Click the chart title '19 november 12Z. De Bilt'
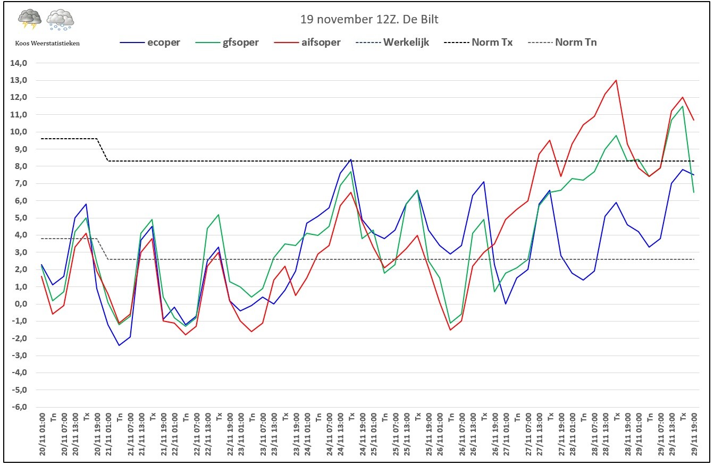369,20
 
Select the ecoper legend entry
150,43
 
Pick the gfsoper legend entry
227,43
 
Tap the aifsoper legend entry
307,43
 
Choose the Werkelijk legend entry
392,43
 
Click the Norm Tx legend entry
478,43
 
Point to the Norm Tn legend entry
562,43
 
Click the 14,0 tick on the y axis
19,63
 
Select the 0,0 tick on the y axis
21,304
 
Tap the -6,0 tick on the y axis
19,407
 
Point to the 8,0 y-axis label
21,166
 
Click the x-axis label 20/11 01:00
42,434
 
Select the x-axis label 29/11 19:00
694,434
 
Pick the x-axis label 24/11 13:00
340,434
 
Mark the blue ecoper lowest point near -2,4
119,345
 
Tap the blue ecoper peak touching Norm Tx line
351,159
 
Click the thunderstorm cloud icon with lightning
30,19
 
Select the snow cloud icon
60,20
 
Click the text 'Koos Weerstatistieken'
47,44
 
